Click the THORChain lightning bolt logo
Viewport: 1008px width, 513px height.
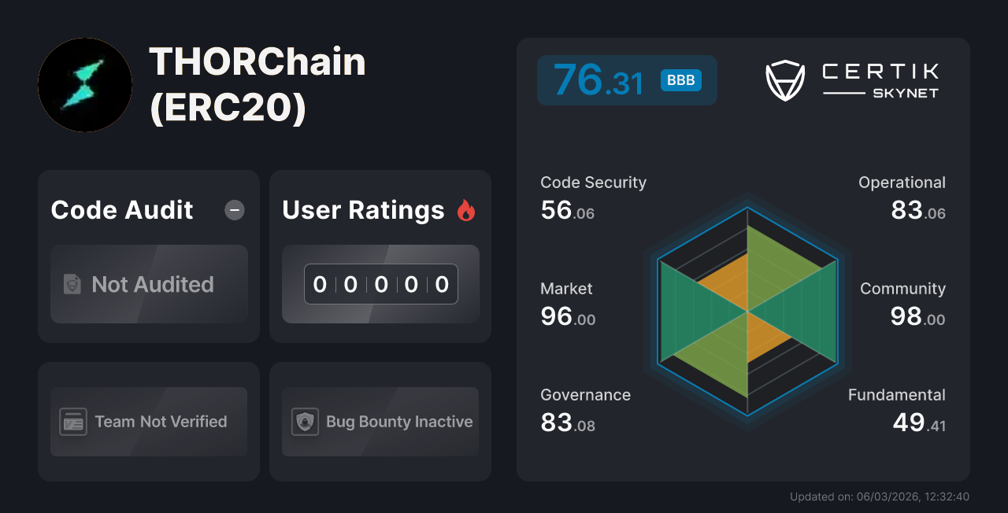point(84,85)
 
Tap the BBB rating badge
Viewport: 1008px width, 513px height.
point(680,80)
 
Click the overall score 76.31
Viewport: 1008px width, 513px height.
point(598,80)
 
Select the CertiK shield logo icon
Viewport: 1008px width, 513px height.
point(785,80)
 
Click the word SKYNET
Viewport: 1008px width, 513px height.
point(905,93)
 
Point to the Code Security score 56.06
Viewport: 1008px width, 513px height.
point(567,211)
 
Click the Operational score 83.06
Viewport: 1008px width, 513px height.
point(917,211)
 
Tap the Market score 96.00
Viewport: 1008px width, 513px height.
point(567,317)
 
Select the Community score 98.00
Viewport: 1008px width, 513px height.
point(917,317)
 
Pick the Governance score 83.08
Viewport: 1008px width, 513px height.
point(567,423)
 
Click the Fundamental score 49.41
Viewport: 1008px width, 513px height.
point(918,423)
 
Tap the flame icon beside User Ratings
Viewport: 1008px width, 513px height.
point(466,210)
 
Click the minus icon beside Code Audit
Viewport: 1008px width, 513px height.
point(235,210)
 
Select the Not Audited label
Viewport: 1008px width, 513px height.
point(153,284)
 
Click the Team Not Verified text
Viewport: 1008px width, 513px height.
point(161,422)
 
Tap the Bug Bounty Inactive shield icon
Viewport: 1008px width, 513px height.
point(305,422)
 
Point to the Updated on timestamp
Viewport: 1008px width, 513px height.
point(879,496)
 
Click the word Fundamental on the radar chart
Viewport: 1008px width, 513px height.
point(896,395)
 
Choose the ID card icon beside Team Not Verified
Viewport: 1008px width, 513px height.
point(73,422)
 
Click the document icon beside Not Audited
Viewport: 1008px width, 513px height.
point(72,284)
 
